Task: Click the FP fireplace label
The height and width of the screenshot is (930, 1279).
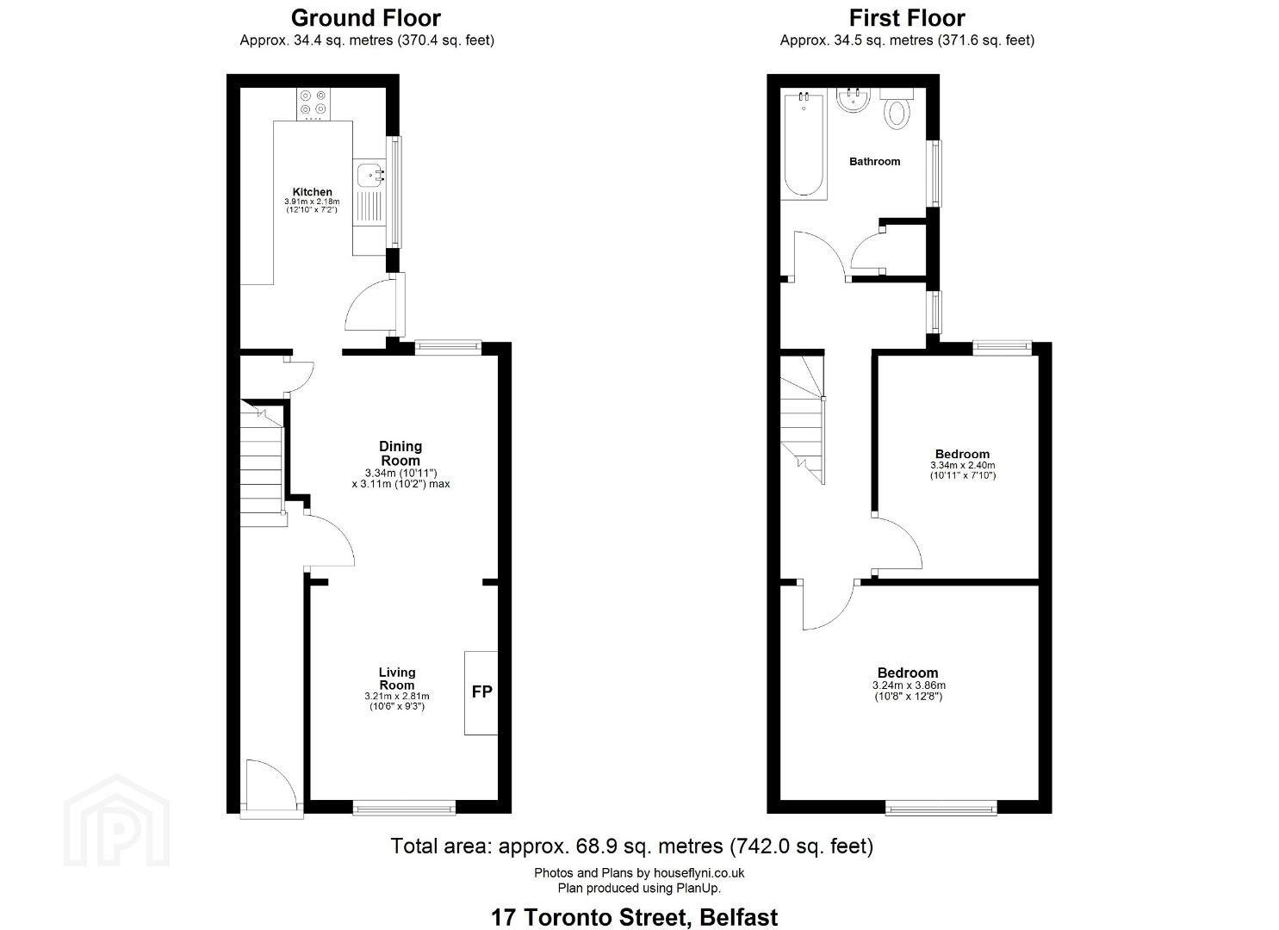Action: [481, 692]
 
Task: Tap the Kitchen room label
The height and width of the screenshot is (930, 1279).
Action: [312, 192]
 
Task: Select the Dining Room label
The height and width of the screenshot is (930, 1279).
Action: [400, 453]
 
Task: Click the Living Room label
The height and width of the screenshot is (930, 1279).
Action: [397, 679]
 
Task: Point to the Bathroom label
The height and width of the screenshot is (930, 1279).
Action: [874, 162]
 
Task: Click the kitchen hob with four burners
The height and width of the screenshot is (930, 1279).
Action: [314, 103]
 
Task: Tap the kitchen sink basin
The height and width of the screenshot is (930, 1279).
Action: [370, 174]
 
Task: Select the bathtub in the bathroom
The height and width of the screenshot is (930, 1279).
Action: [804, 145]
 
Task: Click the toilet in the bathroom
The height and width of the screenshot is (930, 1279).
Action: [897, 108]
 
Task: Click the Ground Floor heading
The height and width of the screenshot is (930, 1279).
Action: [366, 18]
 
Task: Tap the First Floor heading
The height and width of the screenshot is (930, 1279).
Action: [907, 18]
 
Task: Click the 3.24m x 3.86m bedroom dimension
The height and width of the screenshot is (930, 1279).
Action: [909, 685]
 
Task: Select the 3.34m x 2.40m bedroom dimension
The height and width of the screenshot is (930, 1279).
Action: [963, 465]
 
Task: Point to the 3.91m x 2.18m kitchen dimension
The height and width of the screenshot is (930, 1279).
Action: [312, 201]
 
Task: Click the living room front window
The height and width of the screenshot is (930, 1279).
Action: [404, 807]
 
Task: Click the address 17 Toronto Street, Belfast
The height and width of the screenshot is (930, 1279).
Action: [635, 918]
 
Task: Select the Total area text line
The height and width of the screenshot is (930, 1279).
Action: [632, 846]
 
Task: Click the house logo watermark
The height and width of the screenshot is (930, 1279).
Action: [116, 820]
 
